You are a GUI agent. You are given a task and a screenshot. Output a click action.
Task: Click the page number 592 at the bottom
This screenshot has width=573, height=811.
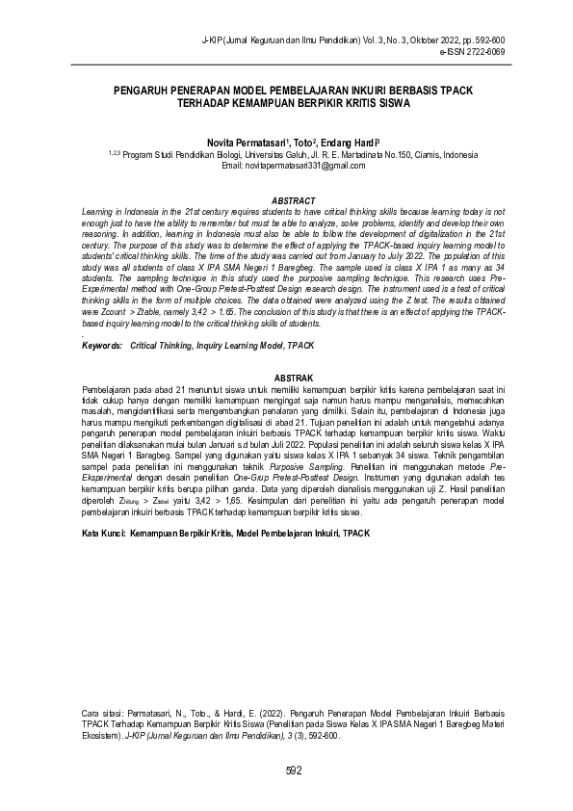click(294, 770)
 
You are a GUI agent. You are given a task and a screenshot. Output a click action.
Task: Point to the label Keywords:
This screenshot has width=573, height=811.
click(101, 344)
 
